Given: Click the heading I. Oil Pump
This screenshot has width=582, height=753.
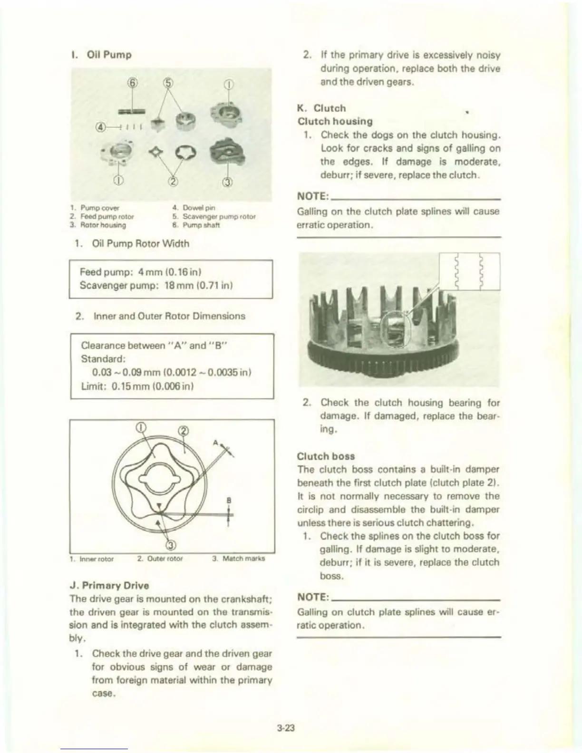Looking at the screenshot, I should click(100, 55).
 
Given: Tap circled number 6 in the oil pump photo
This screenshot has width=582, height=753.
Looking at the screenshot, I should click(134, 85).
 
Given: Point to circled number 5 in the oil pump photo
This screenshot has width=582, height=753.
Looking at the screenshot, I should click(167, 85).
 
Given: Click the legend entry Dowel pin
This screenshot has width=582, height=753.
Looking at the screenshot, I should click(199, 208).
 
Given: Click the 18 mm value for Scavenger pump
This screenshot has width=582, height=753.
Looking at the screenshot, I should click(175, 286).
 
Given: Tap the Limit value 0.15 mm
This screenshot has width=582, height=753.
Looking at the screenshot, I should click(130, 386).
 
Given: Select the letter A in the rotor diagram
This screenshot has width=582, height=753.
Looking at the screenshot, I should click(215, 443).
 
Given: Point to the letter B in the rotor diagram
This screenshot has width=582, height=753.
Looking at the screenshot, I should click(228, 501).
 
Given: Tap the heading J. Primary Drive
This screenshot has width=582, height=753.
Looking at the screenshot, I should click(109, 585).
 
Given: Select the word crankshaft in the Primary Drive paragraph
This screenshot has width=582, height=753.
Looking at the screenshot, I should click(242, 598).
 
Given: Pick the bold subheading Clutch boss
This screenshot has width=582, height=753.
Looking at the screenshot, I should click(326, 456).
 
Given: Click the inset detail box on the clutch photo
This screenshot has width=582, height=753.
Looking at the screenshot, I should click(471, 271).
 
